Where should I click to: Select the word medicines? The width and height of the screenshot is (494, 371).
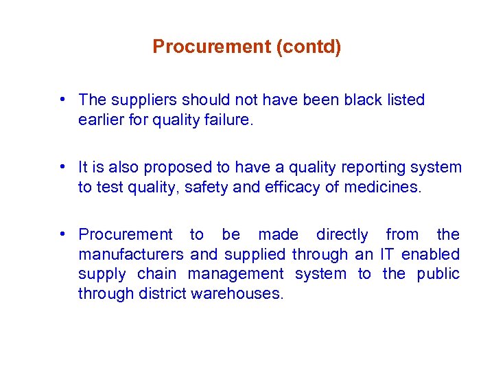pos(385,187)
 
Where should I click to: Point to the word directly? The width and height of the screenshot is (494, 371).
pos(342,235)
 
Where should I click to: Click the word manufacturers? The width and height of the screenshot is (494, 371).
pos(131,254)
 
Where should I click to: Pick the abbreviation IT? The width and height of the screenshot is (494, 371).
pos(388,254)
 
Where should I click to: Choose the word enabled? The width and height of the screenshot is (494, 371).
pos(430,254)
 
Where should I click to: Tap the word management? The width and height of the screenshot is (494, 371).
pos(235,273)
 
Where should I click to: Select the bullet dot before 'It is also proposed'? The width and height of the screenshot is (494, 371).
pos(62,167)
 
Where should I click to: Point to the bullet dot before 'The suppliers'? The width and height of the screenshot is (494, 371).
pos(62,100)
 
